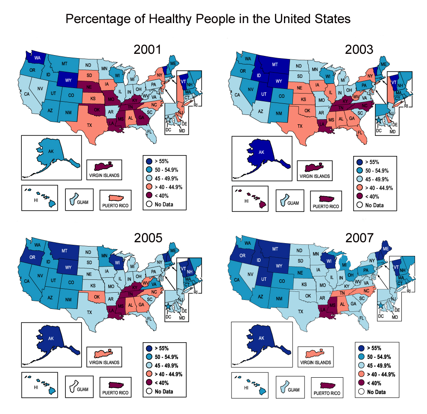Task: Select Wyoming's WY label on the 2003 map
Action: (278, 81)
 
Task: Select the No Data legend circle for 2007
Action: (361, 391)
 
